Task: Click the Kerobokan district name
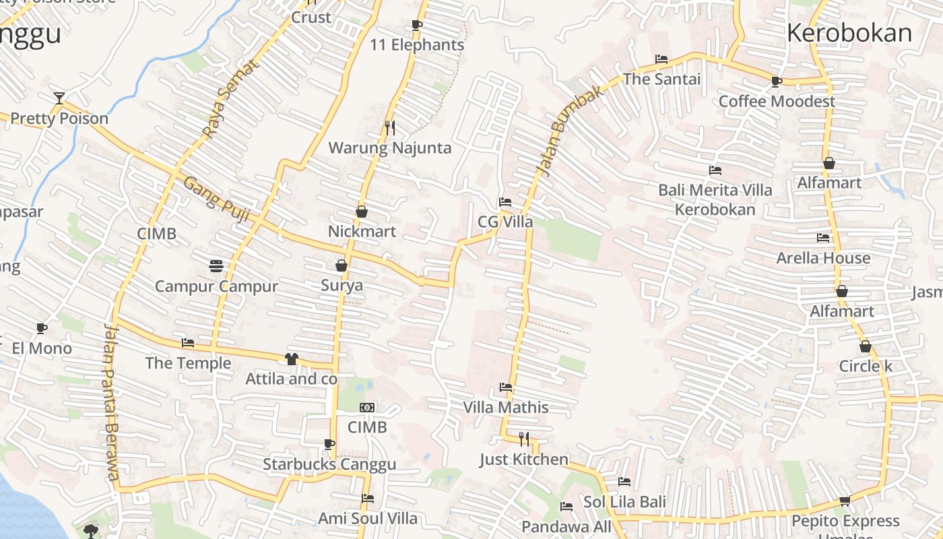click(x=849, y=32)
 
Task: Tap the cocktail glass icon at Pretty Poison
click(x=59, y=98)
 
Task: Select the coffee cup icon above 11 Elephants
click(x=417, y=26)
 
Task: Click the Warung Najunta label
click(x=389, y=148)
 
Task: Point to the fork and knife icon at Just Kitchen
click(x=524, y=439)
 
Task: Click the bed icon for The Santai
click(x=661, y=59)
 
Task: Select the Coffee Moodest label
click(x=777, y=101)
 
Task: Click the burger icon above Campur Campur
click(x=216, y=265)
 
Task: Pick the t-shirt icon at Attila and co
click(x=291, y=359)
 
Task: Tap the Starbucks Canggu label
click(x=329, y=464)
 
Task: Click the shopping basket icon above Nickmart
click(x=362, y=212)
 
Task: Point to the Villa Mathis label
click(x=505, y=407)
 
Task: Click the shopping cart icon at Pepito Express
click(x=845, y=501)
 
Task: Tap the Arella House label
click(x=822, y=258)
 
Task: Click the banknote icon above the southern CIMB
click(x=367, y=408)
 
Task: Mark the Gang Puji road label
click(x=217, y=199)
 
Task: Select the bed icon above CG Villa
click(x=505, y=201)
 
